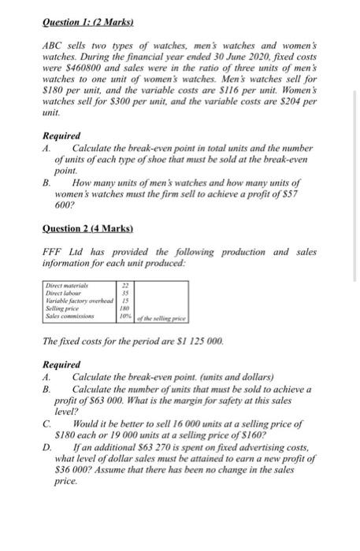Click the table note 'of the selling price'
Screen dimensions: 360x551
tap(161, 318)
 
